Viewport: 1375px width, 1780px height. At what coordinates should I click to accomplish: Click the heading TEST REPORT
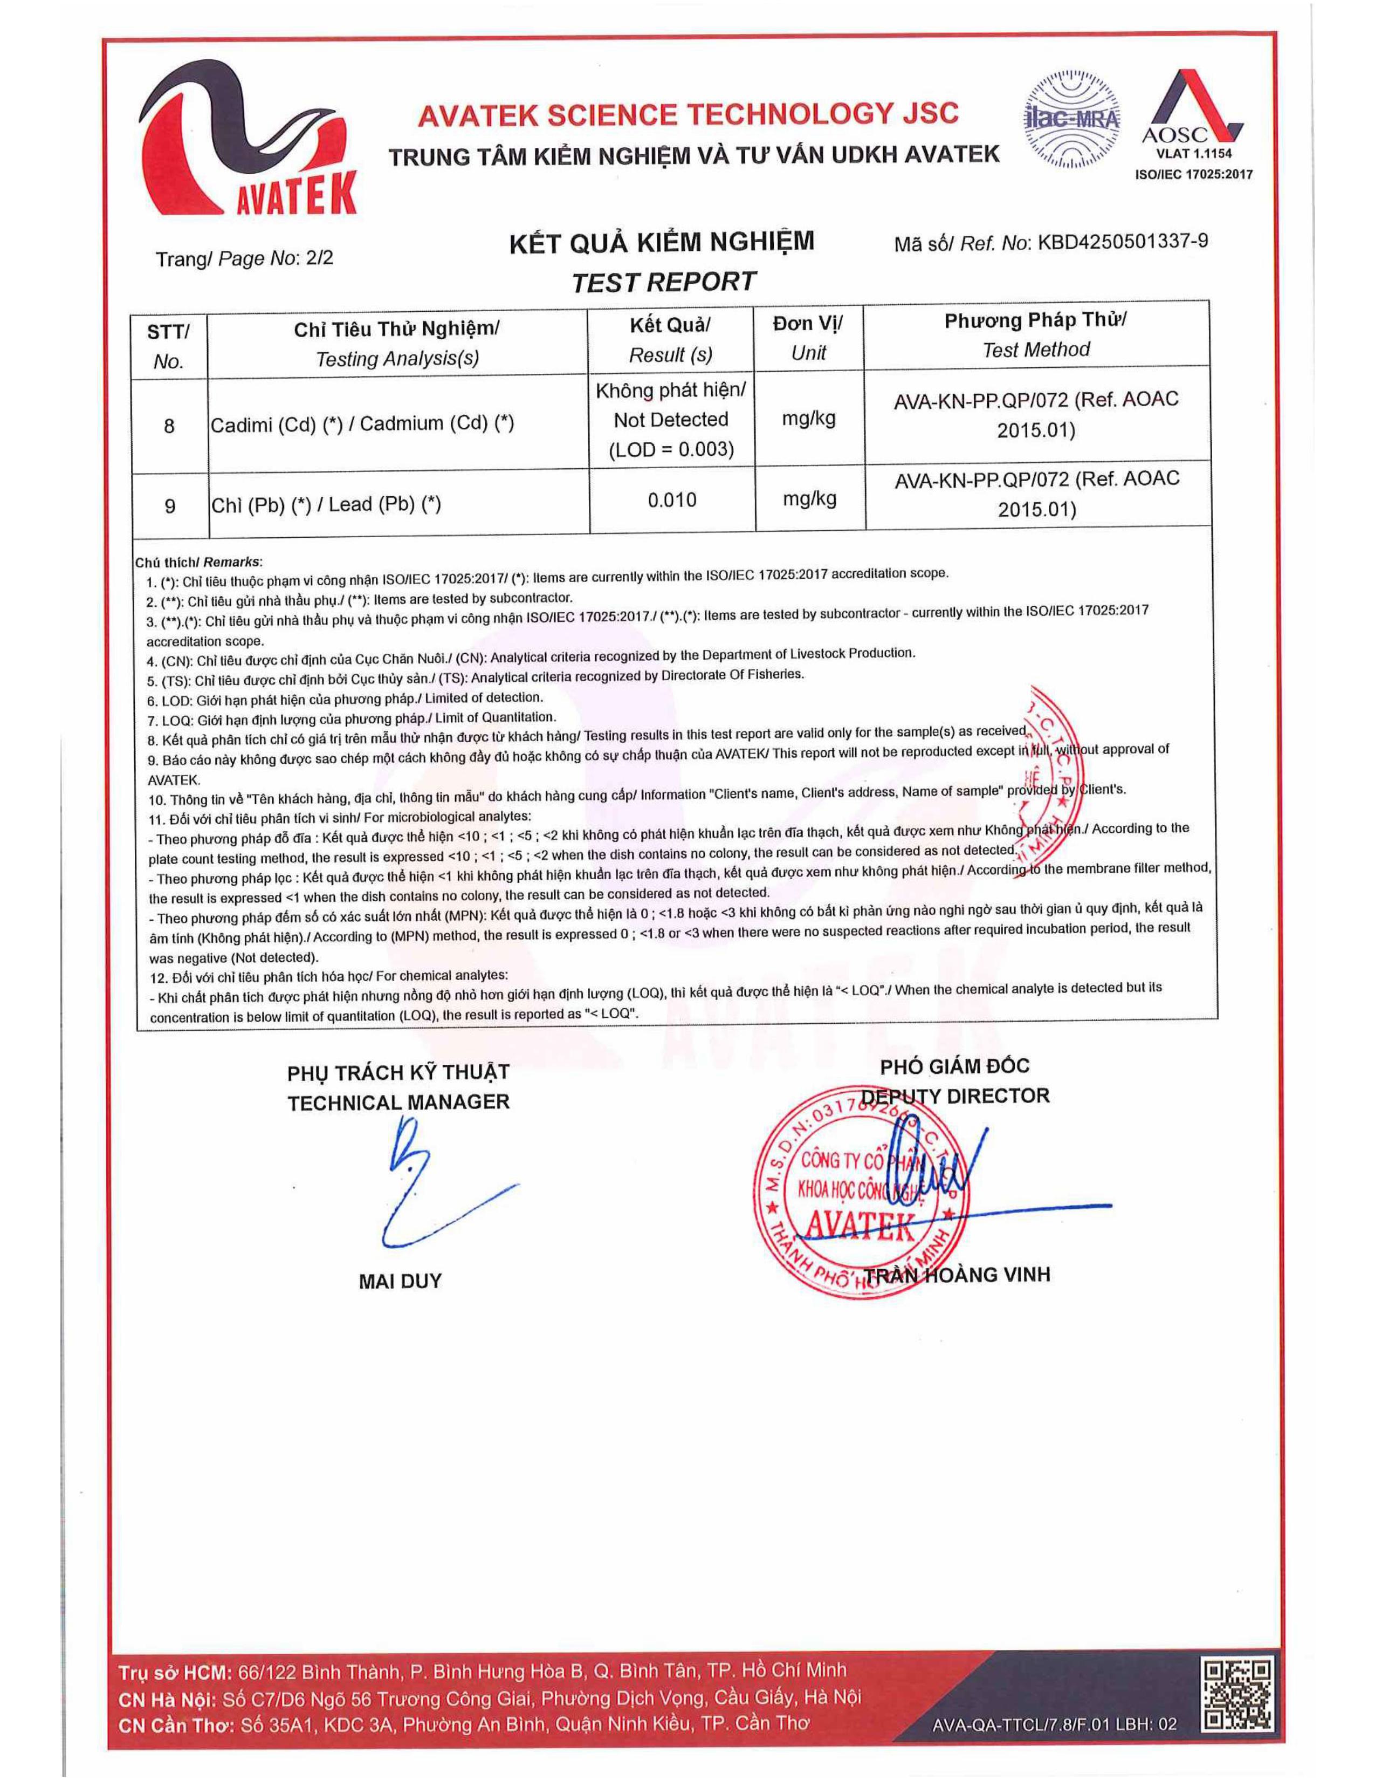point(663,282)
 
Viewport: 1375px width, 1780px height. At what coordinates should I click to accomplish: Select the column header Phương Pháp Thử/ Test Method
point(1035,334)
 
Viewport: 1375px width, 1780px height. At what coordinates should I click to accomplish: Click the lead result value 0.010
point(672,499)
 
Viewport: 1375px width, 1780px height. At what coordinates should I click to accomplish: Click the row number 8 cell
point(169,426)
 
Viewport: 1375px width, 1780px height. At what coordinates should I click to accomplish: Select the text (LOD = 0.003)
point(671,450)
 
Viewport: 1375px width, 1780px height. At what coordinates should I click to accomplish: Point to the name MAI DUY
point(400,1281)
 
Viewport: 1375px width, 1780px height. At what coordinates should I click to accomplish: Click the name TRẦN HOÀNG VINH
point(957,1275)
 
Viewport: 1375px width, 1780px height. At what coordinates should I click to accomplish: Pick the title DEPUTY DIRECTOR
point(954,1096)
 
